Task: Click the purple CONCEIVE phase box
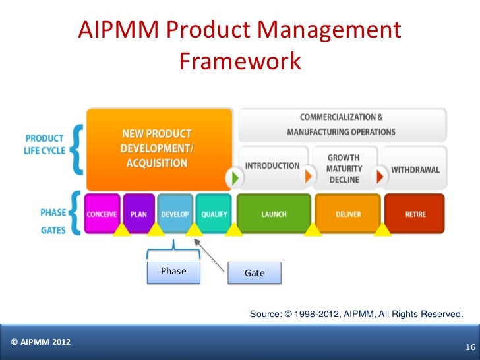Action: coord(103,214)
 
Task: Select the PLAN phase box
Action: coord(138,214)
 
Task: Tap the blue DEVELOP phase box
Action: coord(175,214)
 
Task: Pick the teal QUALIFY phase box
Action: coord(214,214)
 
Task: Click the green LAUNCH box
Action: coord(274,214)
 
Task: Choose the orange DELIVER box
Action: coord(348,214)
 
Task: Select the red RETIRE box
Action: coord(415,214)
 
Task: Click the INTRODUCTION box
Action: coord(272,166)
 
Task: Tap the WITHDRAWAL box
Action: coord(415,169)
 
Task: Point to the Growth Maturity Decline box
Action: coord(344,169)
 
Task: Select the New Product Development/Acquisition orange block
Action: coord(159,148)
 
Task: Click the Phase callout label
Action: coord(173,272)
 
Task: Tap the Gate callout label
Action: coord(255,273)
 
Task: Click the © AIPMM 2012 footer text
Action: coord(41,342)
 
